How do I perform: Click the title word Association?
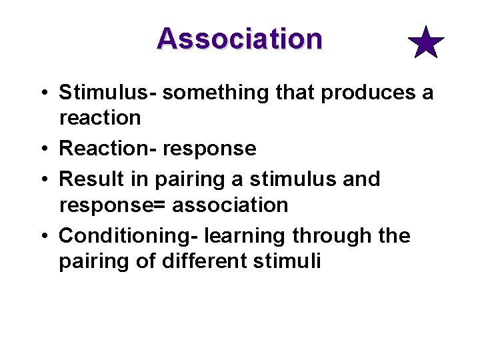239,39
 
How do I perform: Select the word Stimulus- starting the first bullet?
107,92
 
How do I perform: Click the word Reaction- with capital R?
107,148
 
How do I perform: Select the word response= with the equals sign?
112,205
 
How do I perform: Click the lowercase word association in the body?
230,205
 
